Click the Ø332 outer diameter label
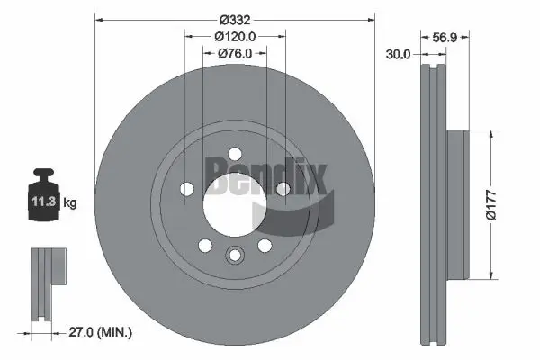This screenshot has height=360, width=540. pos(235,18)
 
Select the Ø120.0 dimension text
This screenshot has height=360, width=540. pos(236,36)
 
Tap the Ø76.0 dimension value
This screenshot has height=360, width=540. pos(235,53)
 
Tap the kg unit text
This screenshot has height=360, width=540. pos(70,203)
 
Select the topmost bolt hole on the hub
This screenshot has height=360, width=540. pos(234,153)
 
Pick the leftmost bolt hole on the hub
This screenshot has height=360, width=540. pos(187,189)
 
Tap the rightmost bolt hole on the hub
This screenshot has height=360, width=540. pos(282,189)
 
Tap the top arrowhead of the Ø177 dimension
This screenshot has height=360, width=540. pos(490,135)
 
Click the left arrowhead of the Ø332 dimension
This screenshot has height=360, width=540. pos(100,18)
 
